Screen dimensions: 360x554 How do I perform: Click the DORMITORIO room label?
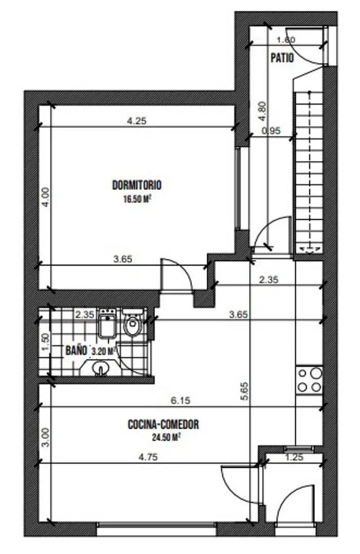137,185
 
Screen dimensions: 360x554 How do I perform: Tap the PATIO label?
282,58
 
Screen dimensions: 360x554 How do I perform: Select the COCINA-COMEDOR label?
163,424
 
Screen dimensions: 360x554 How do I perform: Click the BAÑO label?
76,350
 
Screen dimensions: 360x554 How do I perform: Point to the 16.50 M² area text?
137,199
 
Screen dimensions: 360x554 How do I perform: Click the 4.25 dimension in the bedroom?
136,121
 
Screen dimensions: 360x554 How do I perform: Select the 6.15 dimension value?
181,400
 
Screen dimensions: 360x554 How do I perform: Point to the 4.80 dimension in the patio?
262,111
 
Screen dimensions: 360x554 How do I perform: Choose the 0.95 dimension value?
271,131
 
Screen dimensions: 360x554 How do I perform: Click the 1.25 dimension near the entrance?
294,457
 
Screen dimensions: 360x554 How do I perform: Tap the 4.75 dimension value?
148,457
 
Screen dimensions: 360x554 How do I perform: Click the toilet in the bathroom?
133,322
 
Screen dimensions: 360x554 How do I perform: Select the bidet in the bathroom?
108,323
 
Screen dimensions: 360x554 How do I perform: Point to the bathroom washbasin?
99,367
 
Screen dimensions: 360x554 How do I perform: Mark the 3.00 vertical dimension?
46,438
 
